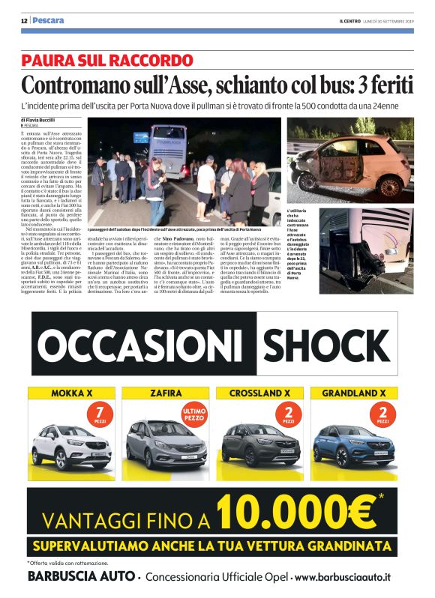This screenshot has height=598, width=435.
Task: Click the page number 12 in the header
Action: pos(24,20)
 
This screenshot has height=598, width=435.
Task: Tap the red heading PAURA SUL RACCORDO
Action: pos(107,61)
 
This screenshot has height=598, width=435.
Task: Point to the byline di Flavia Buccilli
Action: pos(39,120)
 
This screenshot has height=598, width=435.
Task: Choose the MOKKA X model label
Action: pos(71,393)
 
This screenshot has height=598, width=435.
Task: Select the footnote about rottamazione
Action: pos(68,562)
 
